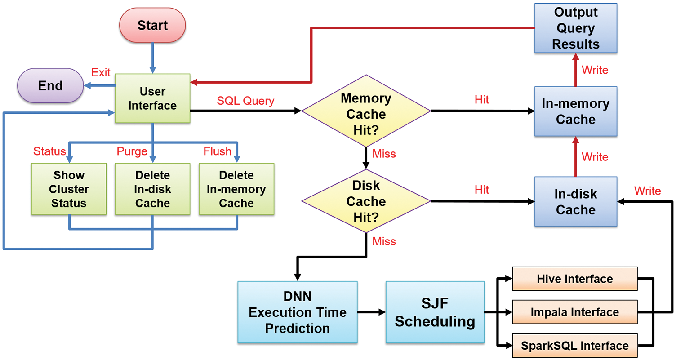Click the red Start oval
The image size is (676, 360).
pyautogui.click(x=152, y=25)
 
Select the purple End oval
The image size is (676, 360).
pyautogui.click(x=50, y=85)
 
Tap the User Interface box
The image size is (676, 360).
pyautogui.click(x=152, y=98)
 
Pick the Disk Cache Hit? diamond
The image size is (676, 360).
pyautogui.click(x=366, y=201)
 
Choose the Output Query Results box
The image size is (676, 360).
pyautogui.click(x=575, y=28)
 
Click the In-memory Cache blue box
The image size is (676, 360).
pyautogui.click(x=575, y=111)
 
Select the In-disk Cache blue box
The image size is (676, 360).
pyautogui.click(x=575, y=201)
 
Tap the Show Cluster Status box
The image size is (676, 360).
pyautogui.click(x=69, y=189)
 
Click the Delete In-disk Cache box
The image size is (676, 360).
pyautogui.click(x=152, y=189)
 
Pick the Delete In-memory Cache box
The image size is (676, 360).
pyautogui.click(x=236, y=189)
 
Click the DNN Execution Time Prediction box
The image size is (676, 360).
pyautogui.click(x=297, y=312)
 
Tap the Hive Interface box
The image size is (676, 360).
pyautogui.click(x=574, y=279)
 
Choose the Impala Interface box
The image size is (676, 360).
pyautogui.click(x=574, y=312)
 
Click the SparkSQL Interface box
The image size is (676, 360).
pyautogui.click(x=574, y=346)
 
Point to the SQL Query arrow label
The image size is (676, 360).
pyautogui.click(x=245, y=101)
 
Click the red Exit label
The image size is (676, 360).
pyautogui.click(x=101, y=72)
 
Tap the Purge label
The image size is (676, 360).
pyautogui.click(x=132, y=151)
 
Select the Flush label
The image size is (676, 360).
pyautogui.click(x=218, y=151)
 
